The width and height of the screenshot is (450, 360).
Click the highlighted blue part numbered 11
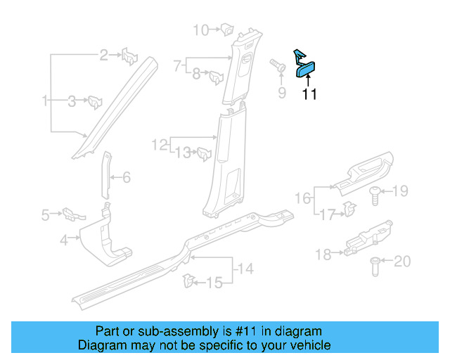point(307,68)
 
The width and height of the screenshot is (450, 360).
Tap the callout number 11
point(309,95)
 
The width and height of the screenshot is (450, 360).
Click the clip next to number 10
point(228,30)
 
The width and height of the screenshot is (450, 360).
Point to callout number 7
point(177,66)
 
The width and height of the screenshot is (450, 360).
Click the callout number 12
point(160,145)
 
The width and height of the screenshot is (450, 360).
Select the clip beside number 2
point(130,55)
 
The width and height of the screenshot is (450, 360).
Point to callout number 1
point(45,101)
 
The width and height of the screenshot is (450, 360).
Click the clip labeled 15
point(188,281)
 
